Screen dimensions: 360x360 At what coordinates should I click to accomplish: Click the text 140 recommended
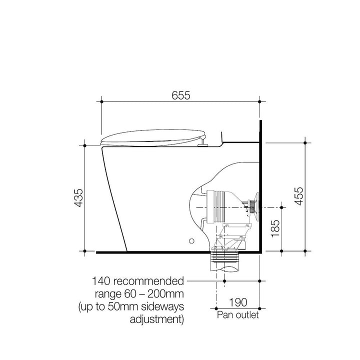point(138,281)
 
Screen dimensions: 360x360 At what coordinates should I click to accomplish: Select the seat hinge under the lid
point(202,144)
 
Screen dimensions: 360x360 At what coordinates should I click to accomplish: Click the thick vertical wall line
point(260,185)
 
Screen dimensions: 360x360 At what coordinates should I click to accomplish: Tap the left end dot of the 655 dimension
point(101,101)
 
